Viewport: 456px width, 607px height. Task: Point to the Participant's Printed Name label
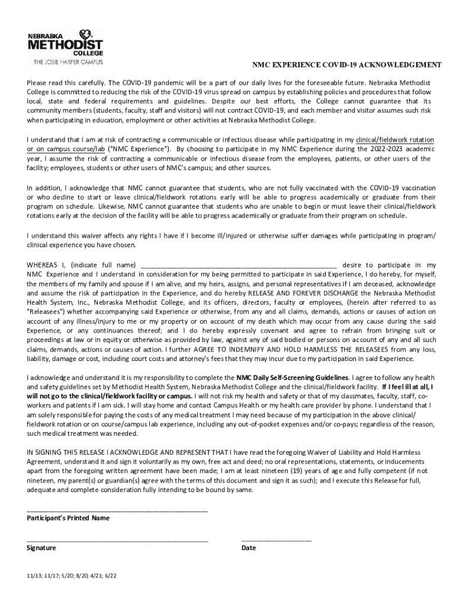[x=68, y=517]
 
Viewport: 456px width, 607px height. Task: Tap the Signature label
[x=41, y=548]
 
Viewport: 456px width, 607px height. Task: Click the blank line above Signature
[x=117, y=540]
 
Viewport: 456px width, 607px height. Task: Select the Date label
[x=249, y=548]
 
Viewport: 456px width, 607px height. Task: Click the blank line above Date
[x=276, y=540]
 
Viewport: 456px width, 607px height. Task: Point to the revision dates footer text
[x=71, y=576]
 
